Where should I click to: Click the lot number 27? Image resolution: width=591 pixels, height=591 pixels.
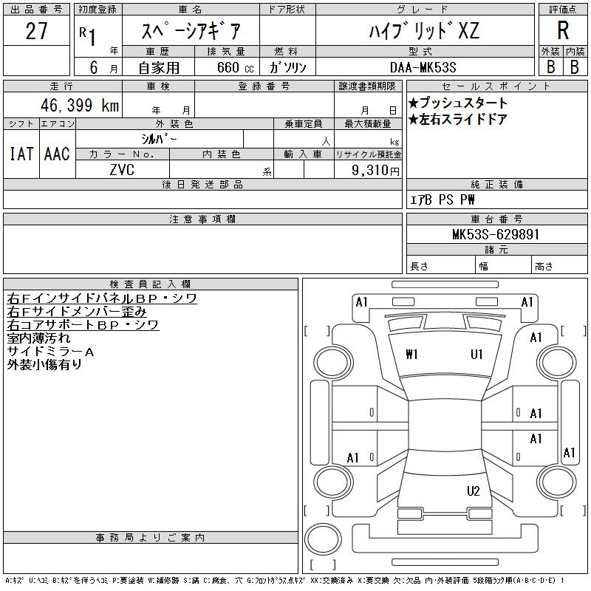pos(37,31)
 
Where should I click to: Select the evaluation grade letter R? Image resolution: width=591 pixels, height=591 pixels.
pos(563,31)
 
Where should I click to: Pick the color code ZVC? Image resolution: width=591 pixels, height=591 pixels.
pos(122,170)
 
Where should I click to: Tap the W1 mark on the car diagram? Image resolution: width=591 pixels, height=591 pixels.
pos(412,355)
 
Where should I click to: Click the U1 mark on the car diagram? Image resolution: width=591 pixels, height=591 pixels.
pos(476,355)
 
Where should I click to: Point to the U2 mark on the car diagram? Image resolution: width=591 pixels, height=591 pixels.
pos(474,491)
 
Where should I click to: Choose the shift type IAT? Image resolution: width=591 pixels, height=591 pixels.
pos(21,154)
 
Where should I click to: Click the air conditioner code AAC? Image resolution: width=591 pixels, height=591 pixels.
pos(57,154)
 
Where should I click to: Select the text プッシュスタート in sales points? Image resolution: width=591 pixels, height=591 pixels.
pos(462,103)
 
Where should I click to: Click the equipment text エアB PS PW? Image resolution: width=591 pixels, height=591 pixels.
pos(443,199)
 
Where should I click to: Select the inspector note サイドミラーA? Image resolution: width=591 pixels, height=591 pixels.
pos(50,352)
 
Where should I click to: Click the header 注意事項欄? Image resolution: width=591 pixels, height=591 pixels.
pos(202,219)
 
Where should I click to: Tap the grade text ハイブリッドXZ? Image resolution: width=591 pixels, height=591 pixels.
pos(424,31)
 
